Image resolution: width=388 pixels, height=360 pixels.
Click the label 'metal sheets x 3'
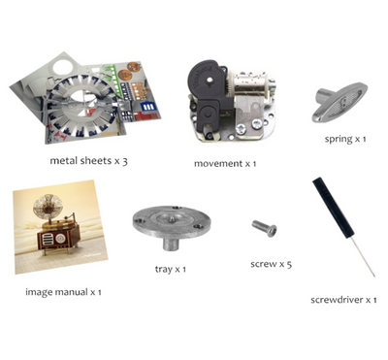(x=88, y=161)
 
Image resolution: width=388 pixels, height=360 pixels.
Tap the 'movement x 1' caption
(x=225, y=164)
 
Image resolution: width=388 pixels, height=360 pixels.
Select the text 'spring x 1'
(x=345, y=140)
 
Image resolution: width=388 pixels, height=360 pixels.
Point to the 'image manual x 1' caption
(x=63, y=292)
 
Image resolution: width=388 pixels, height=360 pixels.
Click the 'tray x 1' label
(x=171, y=269)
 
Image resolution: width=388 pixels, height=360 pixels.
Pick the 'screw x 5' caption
(x=271, y=264)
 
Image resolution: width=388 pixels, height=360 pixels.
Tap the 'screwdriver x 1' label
(x=343, y=300)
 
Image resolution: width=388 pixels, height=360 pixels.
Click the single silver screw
(x=265, y=228)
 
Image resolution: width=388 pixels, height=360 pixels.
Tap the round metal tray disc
(x=172, y=222)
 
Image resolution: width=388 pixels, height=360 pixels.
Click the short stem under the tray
(x=171, y=244)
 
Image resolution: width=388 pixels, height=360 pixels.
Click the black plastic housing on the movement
(x=209, y=94)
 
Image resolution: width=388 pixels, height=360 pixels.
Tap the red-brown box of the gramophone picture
(x=58, y=238)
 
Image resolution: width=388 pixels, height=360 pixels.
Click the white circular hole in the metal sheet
(x=63, y=67)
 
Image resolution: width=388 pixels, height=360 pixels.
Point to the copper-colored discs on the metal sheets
(x=128, y=72)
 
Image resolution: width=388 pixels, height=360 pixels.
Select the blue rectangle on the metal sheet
(x=149, y=107)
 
